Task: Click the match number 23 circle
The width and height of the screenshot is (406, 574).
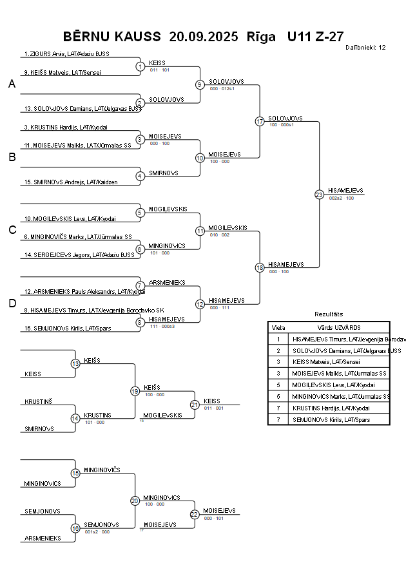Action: click(x=319, y=194)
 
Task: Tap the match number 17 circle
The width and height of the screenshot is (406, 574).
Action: click(x=260, y=121)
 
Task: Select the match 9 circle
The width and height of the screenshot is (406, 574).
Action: click(x=200, y=84)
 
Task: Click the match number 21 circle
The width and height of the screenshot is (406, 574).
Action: click(x=195, y=405)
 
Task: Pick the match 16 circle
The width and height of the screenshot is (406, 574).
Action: click(x=75, y=528)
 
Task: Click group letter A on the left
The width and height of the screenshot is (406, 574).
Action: click(x=12, y=84)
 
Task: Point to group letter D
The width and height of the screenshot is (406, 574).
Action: click(x=12, y=303)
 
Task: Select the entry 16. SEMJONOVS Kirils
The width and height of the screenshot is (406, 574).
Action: click(x=59, y=329)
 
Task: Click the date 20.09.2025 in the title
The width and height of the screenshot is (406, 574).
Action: click(x=203, y=36)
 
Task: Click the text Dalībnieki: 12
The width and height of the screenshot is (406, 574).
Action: click(x=365, y=47)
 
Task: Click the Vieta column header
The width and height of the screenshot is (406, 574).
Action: click(x=278, y=327)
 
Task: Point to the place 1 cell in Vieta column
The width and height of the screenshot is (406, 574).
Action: click(x=278, y=339)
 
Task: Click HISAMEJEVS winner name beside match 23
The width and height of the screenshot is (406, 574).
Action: click(x=346, y=191)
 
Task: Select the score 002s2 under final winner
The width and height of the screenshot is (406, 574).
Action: click(x=336, y=198)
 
